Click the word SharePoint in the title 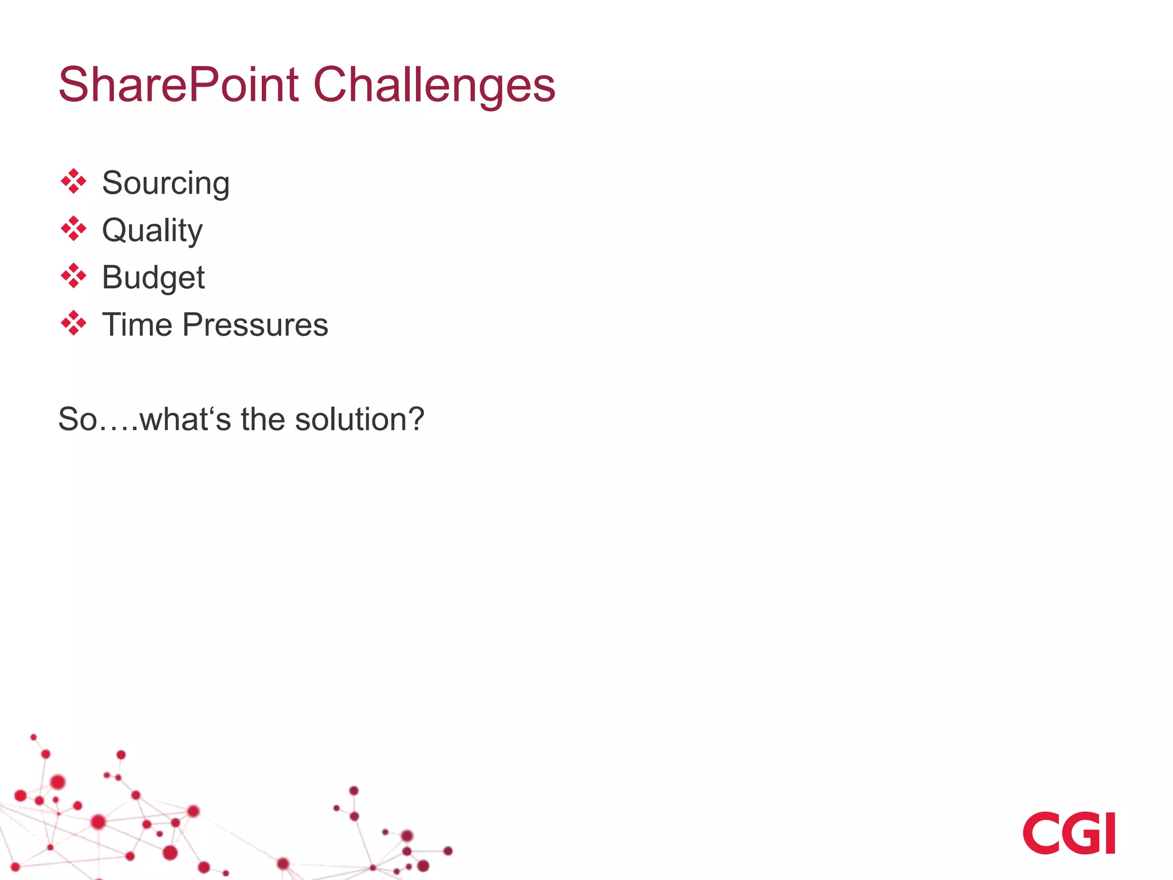tap(178, 85)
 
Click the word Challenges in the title tap(434, 85)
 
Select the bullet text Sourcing tap(166, 183)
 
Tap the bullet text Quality tap(152, 230)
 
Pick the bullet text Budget tap(153, 278)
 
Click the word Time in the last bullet tap(137, 325)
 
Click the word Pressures tap(255, 325)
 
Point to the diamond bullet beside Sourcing tap(73, 182)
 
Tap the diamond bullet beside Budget tap(73, 276)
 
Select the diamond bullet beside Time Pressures tap(73, 324)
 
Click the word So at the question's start tap(77, 419)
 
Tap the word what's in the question tap(185, 419)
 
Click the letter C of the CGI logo tap(1041, 833)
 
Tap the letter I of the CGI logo tap(1110, 833)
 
